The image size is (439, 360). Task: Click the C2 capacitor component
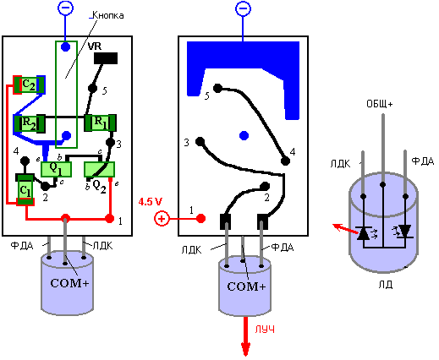tap(29, 85)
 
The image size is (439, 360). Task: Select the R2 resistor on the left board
tap(30, 123)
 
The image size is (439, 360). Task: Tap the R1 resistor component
tap(100, 123)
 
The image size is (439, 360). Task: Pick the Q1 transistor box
tap(56, 169)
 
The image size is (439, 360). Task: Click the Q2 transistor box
tap(100, 169)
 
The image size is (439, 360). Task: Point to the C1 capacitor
tap(25, 190)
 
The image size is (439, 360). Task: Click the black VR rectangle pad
tap(106, 58)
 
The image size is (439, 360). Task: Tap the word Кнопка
tap(108, 15)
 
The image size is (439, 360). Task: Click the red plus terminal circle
tap(162, 219)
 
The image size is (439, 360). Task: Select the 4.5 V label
tap(151, 202)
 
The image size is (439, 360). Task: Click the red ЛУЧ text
tap(265, 330)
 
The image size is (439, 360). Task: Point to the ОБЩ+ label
tap(380, 104)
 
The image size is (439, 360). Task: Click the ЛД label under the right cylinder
tap(386, 285)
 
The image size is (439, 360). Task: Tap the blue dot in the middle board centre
tap(244, 135)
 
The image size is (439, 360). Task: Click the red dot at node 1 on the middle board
tap(200, 218)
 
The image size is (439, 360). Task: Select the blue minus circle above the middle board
tap(243, 8)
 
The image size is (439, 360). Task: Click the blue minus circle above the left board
tap(65, 8)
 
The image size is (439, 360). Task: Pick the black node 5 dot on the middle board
tap(217, 88)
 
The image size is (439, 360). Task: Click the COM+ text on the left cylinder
tap(69, 283)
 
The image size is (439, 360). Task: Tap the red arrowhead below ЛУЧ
tap(245, 350)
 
